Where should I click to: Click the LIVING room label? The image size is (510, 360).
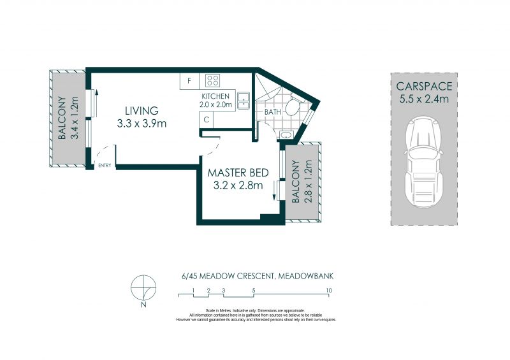click(142, 111)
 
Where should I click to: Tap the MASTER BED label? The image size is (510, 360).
click(238, 173)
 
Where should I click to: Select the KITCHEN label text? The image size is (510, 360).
click(215, 96)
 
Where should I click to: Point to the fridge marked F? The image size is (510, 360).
click(189, 81)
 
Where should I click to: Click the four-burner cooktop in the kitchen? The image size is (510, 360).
click(212, 80)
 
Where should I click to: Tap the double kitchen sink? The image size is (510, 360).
click(244, 101)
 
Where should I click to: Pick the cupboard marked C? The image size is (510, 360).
click(206, 120)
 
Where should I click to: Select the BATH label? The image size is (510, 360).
click(273, 112)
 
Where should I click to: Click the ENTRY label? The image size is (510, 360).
click(105, 165)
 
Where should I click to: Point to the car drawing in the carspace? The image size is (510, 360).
click(423, 162)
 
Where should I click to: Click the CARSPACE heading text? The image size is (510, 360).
click(424, 86)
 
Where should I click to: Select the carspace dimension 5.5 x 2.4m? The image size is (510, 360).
click(424, 99)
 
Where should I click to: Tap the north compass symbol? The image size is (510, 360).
click(143, 288)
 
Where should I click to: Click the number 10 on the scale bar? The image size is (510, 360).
click(329, 291)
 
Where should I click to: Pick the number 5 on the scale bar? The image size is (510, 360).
click(253, 291)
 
